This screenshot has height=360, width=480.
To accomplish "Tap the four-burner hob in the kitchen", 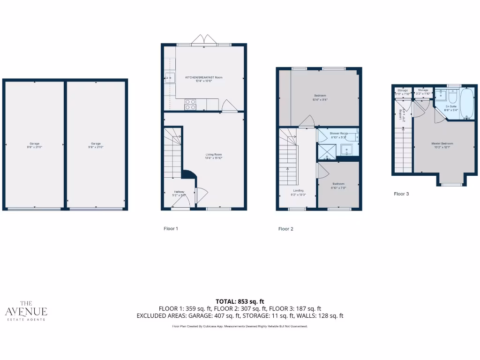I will pyautogui.click(x=190, y=104).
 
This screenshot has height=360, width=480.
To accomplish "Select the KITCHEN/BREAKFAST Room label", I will pyautogui.click(x=203, y=77).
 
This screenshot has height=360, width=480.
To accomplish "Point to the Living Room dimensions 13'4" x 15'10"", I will pyautogui.click(x=213, y=158).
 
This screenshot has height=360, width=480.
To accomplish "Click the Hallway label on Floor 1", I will pyautogui.click(x=179, y=192).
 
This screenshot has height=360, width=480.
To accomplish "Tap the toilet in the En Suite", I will pyautogui.click(x=452, y=97).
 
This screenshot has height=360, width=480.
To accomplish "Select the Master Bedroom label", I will pyautogui.click(x=442, y=143).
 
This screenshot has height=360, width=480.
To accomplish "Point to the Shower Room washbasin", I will pyautogui.click(x=347, y=150).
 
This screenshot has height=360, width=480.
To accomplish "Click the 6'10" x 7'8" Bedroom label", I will pyautogui.click(x=338, y=184).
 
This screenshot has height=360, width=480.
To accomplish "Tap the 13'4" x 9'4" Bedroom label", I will pyautogui.click(x=320, y=96).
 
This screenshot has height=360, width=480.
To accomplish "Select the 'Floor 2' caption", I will pyautogui.click(x=285, y=229).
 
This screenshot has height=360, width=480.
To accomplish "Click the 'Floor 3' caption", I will pyautogui.click(x=401, y=194).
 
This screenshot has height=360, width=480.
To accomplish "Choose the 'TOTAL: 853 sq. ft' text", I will pyautogui.click(x=240, y=301).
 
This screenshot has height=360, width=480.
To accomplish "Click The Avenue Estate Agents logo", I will pyautogui.click(x=26, y=310).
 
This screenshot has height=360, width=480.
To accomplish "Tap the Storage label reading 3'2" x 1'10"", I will pyautogui.click(x=423, y=92).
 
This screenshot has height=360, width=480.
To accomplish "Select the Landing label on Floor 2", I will pyautogui.click(x=298, y=191).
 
